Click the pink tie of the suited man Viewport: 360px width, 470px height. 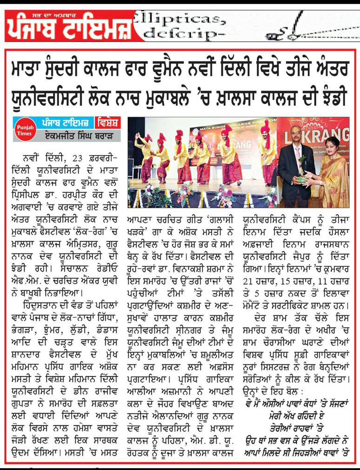pyautogui.click(x=297, y=154)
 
